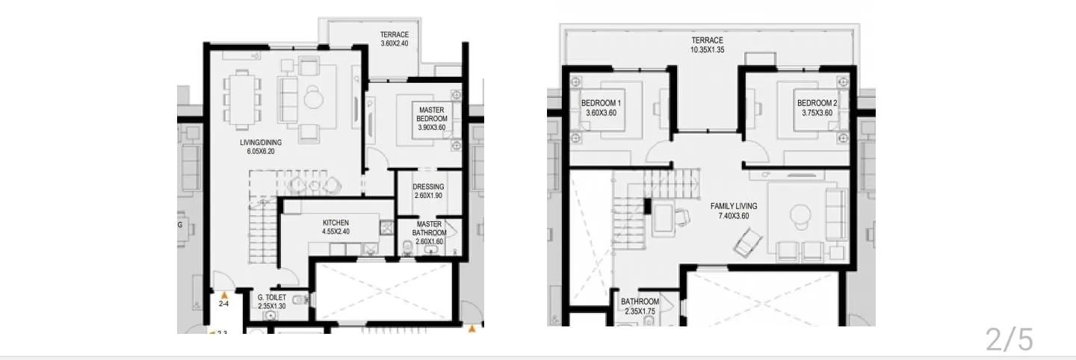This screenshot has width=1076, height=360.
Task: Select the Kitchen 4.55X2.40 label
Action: point(336,227)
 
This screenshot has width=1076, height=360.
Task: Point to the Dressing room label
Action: point(429,191)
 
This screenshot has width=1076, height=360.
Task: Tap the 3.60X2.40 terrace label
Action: point(394,39)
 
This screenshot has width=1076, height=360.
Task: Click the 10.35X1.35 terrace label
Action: point(707,46)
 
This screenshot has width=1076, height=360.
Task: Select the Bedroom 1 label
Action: point(602,108)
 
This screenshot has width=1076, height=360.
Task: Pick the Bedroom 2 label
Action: point(817,108)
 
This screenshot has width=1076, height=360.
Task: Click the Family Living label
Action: point(734,211)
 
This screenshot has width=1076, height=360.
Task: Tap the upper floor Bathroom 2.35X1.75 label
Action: point(640,306)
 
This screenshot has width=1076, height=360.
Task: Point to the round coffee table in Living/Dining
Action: point(313,98)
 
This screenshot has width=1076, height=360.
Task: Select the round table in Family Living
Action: point(800,216)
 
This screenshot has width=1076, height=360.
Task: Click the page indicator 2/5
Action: point(1009,340)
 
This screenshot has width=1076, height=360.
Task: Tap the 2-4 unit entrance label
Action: point(223,304)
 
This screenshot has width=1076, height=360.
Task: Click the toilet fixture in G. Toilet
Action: point(299,300)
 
